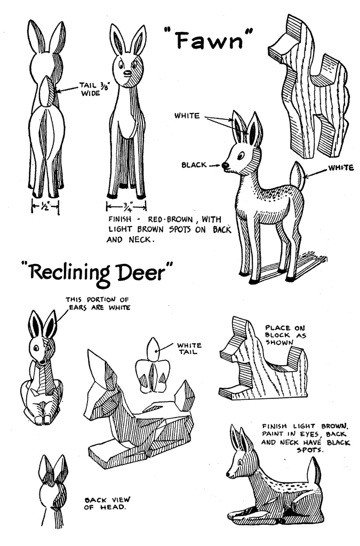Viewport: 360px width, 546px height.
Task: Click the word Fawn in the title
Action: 209,40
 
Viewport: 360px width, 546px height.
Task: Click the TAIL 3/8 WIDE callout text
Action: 91,89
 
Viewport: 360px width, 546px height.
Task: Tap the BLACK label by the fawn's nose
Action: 194,165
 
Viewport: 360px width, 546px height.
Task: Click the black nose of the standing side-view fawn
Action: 225,165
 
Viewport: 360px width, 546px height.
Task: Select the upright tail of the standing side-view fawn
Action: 297,175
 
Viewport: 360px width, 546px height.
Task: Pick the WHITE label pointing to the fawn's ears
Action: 187,115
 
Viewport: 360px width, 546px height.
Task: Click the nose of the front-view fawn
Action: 128,74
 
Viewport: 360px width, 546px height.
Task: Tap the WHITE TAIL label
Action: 189,348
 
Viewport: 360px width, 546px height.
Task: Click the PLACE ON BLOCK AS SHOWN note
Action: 285,335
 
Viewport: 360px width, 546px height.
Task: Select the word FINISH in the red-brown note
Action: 120,219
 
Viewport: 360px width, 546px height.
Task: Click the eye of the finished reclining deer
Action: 240,463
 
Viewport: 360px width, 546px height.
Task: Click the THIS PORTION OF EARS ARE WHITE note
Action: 98,303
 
